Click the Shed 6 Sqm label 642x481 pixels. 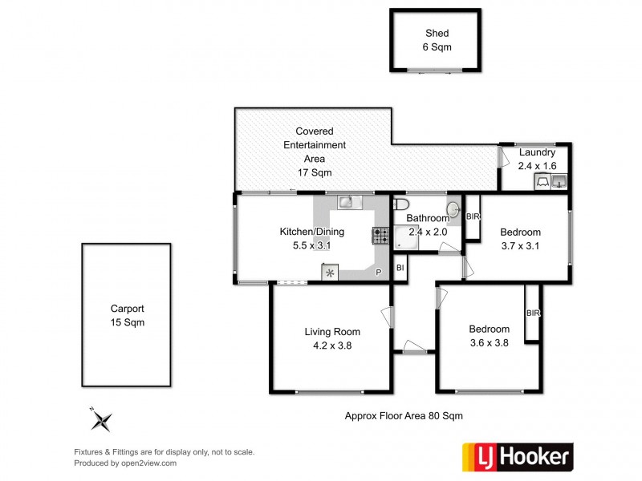click(437, 40)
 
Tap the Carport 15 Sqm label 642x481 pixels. click(128, 315)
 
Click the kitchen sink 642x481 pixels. click(346, 202)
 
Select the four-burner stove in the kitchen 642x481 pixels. click(380, 236)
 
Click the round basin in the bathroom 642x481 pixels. click(453, 210)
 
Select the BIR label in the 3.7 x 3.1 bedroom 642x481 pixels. click(473, 217)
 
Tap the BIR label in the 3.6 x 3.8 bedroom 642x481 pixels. click(531, 313)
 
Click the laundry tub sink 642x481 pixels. click(560, 180)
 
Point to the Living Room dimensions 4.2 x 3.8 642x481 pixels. click(331, 346)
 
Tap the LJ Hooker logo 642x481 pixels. click(518, 457)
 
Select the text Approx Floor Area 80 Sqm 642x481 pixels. click(404, 415)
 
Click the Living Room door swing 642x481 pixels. click(388, 317)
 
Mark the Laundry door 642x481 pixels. click(501, 157)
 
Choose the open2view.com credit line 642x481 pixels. click(125, 463)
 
